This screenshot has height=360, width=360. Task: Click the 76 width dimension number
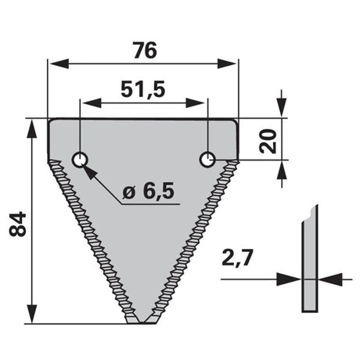[x=145, y=50]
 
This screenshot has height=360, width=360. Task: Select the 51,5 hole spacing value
[x=143, y=90]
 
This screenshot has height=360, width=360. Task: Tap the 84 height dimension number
[x=18, y=225]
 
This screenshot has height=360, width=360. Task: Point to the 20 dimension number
[x=268, y=141]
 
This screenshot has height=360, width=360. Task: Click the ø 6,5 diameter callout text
[x=148, y=192]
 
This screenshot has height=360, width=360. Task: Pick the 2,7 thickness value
[x=237, y=257]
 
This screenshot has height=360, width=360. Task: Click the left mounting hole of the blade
[x=80, y=160]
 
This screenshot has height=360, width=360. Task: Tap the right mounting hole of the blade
[x=207, y=160]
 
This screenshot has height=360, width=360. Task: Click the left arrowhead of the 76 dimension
[x=59, y=63]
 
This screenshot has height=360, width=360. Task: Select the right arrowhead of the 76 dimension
[x=227, y=63]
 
